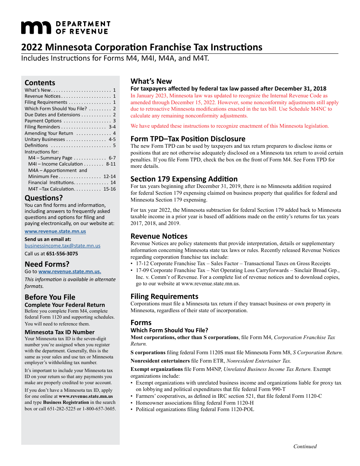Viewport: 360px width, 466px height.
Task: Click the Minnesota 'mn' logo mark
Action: (x=36, y=28)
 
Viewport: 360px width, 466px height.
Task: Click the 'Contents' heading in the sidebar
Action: (x=40, y=83)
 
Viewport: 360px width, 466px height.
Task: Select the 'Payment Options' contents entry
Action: (x=43, y=121)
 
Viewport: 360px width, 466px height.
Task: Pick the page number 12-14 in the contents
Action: (x=109, y=176)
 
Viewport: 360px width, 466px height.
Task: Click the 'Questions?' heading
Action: (x=44, y=198)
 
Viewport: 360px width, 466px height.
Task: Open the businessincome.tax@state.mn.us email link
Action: (x=63, y=246)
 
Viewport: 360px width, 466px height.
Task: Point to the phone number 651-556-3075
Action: (x=62, y=253)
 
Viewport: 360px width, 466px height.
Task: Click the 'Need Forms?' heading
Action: (x=47, y=264)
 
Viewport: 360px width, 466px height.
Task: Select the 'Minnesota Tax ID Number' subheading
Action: (x=59, y=332)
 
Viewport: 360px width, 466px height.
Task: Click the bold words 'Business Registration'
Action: (x=66, y=402)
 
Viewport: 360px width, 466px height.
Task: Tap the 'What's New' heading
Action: (x=151, y=81)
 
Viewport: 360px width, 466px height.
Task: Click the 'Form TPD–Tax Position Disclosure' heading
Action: (x=188, y=139)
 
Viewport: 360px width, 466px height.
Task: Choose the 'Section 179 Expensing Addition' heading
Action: (x=184, y=179)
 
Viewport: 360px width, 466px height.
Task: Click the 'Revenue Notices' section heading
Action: (x=159, y=236)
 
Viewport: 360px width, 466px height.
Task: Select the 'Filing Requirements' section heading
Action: (x=164, y=296)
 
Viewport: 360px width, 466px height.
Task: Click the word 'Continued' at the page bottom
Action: (x=305, y=446)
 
